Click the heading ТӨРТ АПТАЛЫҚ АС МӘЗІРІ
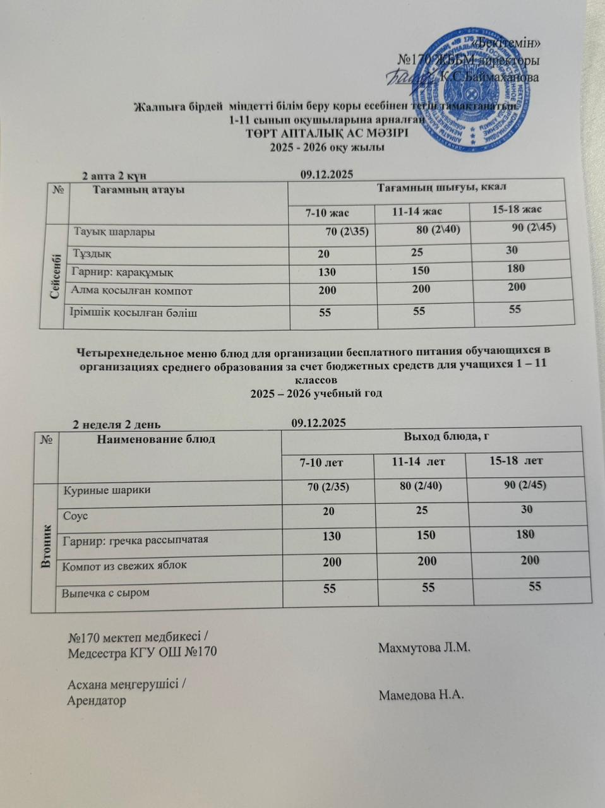click(326, 134)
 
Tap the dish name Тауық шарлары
click(115, 232)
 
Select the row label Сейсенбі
click(52, 276)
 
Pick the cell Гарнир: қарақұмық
click(123, 272)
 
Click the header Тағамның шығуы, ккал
click(441, 187)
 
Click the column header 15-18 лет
click(516, 461)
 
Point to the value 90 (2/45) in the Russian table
click(522, 485)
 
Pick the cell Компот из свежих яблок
click(124, 565)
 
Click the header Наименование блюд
click(156, 439)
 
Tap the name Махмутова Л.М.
click(424, 648)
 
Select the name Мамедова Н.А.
click(421, 695)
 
